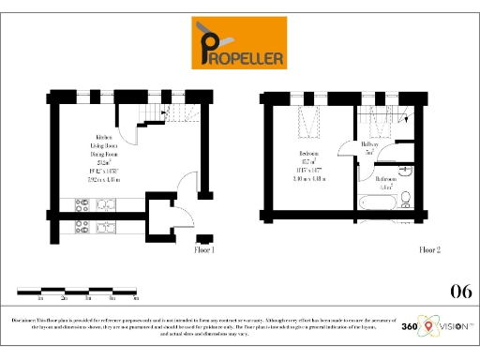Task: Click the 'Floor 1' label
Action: coord(204,250)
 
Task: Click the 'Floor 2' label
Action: coord(428,250)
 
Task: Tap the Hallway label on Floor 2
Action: coord(369,144)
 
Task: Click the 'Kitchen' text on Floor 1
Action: coord(92,138)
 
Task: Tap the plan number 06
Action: coord(461,290)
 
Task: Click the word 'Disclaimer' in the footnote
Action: coord(25,320)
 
